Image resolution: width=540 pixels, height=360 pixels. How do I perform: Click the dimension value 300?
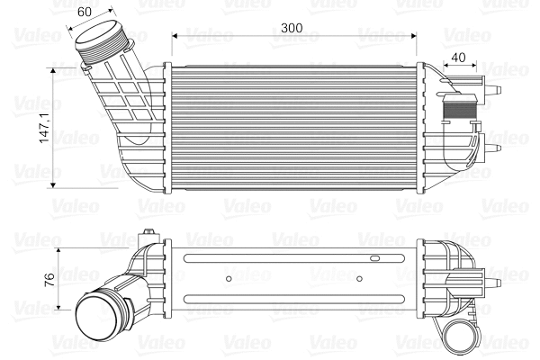click(x=291, y=28)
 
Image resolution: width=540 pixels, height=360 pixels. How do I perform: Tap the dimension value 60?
click(x=85, y=13)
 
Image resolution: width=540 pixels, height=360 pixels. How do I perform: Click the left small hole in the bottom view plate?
click(x=229, y=278)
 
